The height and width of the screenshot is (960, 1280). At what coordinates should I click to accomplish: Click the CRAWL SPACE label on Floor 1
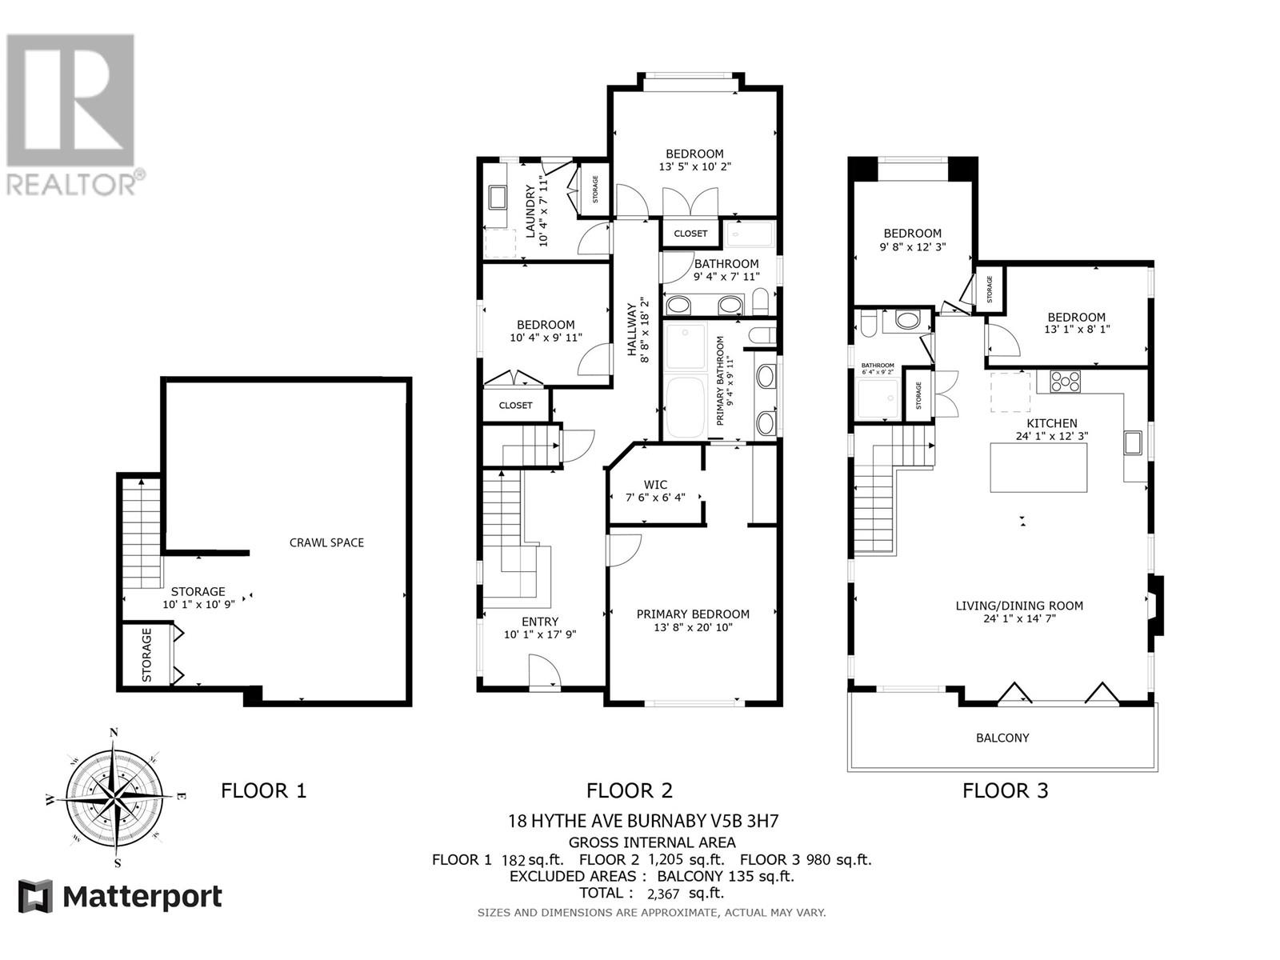(x=326, y=542)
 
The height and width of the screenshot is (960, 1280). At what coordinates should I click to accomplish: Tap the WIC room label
(x=655, y=485)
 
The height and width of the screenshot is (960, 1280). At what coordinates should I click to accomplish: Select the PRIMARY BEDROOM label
(x=693, y=614)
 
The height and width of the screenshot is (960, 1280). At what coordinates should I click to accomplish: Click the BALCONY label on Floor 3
(x=1002, y=738)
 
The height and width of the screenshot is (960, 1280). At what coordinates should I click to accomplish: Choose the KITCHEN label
(x=1052, y=423)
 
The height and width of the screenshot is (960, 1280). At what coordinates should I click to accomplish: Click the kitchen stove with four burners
(x=1065, y=381)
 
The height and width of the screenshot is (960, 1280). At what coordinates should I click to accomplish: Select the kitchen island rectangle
(x=1039, y=468)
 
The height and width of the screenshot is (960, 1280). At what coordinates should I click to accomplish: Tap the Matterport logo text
(x=142, y=897)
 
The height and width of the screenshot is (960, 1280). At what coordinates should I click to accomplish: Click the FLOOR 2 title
(x=630, y=791)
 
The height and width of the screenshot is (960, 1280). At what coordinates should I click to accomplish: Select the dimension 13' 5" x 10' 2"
(x=695, y=167)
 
